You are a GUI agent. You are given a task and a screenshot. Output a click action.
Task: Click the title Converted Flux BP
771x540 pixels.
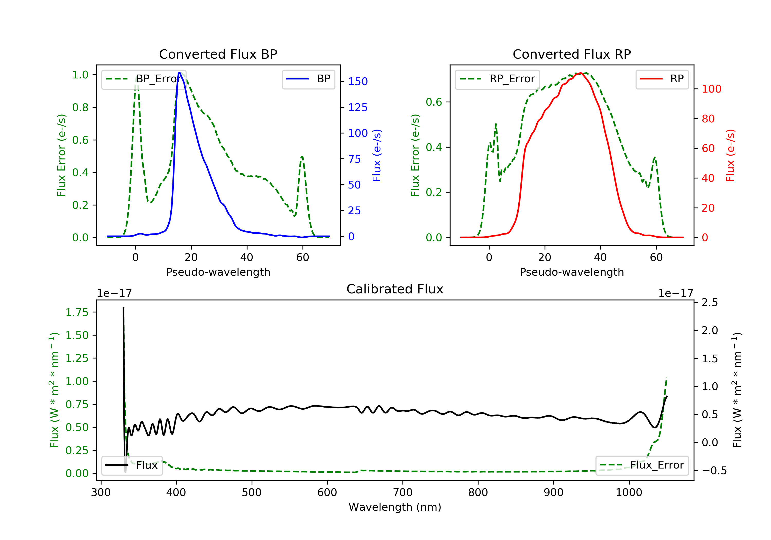218,54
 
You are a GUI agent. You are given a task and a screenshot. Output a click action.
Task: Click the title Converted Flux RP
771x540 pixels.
572,54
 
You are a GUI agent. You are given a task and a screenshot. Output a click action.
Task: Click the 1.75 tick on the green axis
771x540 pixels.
77,312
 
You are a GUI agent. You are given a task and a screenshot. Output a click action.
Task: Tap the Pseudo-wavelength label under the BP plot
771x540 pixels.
218,272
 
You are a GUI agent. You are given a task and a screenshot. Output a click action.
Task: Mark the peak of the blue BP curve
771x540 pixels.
179,73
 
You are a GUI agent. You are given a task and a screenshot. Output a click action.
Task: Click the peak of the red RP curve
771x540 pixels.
580,73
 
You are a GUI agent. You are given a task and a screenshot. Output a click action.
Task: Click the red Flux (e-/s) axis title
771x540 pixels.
730,155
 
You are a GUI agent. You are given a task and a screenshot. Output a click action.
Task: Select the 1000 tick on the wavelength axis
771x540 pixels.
629,493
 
